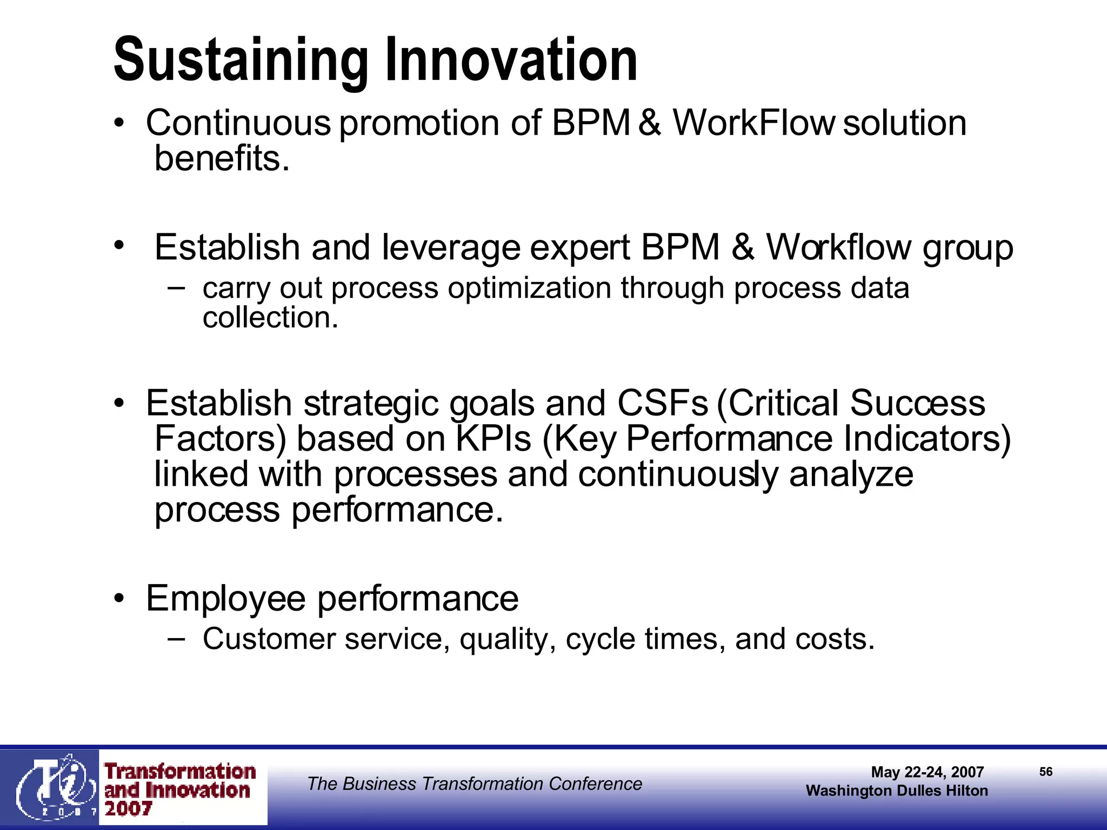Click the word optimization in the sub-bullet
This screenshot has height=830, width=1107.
(x=529, y=288)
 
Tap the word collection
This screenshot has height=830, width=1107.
(x=270, y=317)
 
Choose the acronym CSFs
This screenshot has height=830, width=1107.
(x=662, y=403)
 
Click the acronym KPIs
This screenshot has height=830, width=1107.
(x=494, y=439)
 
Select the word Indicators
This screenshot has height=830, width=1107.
(x=926, y=439)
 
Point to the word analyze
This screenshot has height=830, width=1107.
(x=851, y=474)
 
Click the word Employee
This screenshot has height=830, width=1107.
(x=225, y=599)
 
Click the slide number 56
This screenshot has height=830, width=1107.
(x=1045, y=772)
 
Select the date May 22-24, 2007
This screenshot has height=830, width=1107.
(x=927, y=772)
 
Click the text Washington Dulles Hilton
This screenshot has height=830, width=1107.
(x=897, y=791)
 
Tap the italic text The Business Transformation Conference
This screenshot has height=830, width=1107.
(x=474, y=784)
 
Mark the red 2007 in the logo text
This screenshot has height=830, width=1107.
(x=128, y=809)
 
